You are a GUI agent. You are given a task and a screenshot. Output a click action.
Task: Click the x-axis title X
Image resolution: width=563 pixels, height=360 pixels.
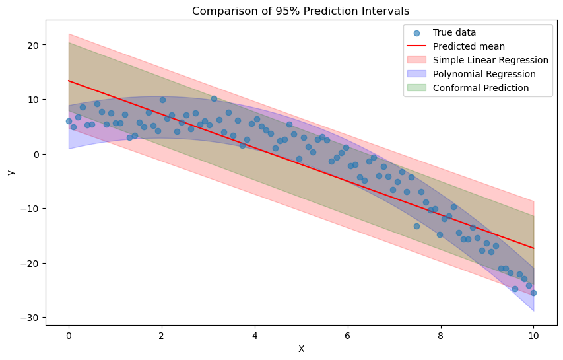click(301, 349)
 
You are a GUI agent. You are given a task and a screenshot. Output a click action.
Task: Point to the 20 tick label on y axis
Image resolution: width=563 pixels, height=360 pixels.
click(32, 45)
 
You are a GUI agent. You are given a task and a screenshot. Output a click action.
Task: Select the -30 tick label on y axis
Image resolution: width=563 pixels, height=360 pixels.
click(30, 318)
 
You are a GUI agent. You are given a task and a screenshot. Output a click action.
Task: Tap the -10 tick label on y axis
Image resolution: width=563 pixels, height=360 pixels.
click(30, 209)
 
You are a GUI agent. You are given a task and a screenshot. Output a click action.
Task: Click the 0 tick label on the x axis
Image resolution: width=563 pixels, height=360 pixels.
click(69, 335)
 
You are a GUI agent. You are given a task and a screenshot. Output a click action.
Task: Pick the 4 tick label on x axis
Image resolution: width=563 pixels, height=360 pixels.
click(255, 335)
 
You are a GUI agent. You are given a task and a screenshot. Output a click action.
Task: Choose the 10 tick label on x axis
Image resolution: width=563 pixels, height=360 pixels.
click(533, 335)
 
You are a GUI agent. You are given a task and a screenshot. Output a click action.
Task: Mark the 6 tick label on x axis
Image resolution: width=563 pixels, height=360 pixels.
click(348, 335)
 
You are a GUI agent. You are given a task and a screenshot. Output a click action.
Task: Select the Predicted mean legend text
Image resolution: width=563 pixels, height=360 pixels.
click(469, 46)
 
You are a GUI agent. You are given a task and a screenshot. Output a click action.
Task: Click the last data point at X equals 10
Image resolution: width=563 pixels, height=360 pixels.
click(533, 293)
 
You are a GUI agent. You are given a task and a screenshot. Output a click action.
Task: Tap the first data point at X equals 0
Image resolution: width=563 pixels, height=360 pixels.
click(69, 121)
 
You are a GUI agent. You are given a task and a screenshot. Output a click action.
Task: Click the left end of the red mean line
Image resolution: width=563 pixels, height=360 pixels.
click(69, 81)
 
